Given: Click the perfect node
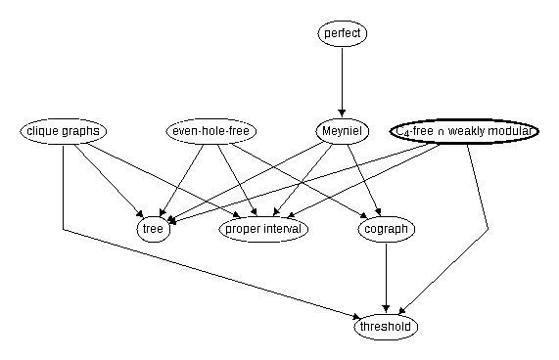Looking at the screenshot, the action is click(x=343, y=33).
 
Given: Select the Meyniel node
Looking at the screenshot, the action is click(x=343, y=131).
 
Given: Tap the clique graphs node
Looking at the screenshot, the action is click(x=63, y=131).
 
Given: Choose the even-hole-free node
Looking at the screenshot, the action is click(x=211, y=131).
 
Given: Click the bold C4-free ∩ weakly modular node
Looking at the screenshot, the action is click(x=464, y=131).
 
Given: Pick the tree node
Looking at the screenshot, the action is click(x=154, y=229).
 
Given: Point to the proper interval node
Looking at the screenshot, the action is click(x=263, y=229).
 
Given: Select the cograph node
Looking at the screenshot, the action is click(x=387, y=229).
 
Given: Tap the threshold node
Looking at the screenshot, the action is click(x=386, y=327).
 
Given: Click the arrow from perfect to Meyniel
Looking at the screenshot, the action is click(x=343, y=82).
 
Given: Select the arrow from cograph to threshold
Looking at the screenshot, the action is click(x=386, y=278).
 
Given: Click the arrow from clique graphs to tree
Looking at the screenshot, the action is click(x=109, y=181).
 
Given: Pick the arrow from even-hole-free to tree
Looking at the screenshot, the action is click(x=182, y=180).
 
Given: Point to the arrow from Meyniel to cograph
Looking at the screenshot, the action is click(x=364, y=180).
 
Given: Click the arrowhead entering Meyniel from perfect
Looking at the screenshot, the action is click(x=343, y=113).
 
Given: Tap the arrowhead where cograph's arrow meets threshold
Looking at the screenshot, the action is click(x=386, y=309).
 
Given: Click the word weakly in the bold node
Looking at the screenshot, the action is click(x=466, y=131).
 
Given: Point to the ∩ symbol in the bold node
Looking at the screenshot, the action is click(x=441, y=132).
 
